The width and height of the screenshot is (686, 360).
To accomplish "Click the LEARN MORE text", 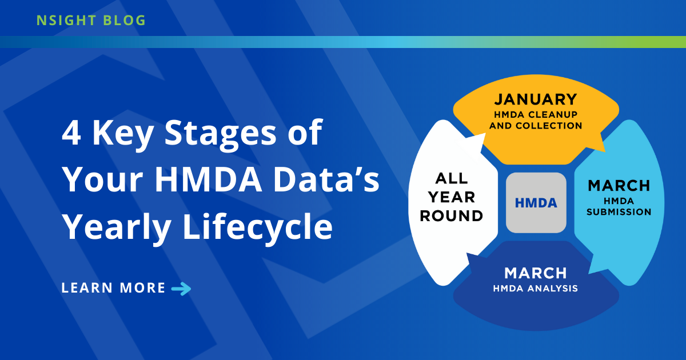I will pos(113,288).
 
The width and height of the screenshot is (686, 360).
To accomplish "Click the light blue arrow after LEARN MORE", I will pos(181,289).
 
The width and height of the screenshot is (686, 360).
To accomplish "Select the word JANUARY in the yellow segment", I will pos(536,99).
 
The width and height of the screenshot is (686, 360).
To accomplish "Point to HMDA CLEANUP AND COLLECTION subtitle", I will pos(536,121).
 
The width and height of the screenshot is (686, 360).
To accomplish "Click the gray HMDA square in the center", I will pos(536,203).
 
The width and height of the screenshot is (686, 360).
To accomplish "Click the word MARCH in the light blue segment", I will pos(619,186).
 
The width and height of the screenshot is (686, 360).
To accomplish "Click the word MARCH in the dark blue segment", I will pos(536,273).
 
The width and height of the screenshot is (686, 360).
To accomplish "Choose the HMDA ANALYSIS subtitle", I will pos(536,289).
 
